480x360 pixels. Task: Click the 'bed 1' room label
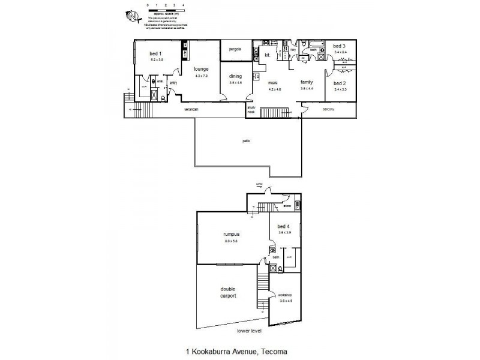[156, 54]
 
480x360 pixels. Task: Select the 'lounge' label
[201, 69]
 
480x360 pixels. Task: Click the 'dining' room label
[235, 76]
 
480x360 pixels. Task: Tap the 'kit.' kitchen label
[268, 55]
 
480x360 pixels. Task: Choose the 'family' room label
[307, 82]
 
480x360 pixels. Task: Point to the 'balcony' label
[328, 110]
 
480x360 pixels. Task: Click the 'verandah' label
[191, 110]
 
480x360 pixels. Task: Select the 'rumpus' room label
[231, 235]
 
